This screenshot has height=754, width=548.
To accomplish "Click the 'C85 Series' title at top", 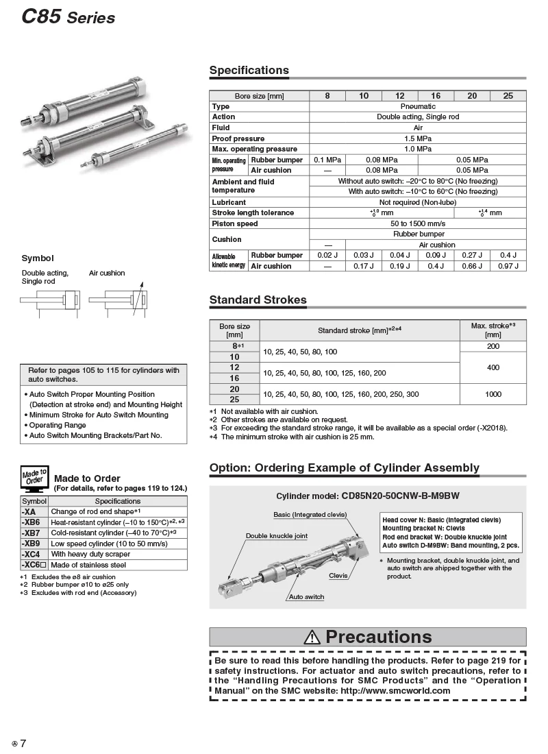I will tap(68, 16).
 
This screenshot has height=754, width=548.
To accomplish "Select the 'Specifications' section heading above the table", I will tap(249, 70).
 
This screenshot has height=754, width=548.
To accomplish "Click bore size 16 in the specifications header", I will tap(436, 96).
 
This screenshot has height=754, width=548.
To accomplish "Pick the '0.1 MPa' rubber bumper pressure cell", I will tap(327, 160).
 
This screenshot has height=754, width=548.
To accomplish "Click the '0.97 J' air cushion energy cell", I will tap(508, 266).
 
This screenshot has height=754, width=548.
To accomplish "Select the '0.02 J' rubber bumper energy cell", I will tap(327, 255).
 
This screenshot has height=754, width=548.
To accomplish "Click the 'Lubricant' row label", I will tap(229, 202).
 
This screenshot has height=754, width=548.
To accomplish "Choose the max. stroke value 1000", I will tap(493, 394).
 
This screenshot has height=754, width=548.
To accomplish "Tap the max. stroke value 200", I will tap(493, 347).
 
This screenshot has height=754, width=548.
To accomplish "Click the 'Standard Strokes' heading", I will tap(258, 300).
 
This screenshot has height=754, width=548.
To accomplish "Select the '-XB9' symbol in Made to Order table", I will tap(32, 543).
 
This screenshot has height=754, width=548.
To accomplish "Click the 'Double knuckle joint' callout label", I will tap(277, 536).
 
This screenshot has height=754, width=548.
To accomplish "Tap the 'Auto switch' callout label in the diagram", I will tap(306, 597).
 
